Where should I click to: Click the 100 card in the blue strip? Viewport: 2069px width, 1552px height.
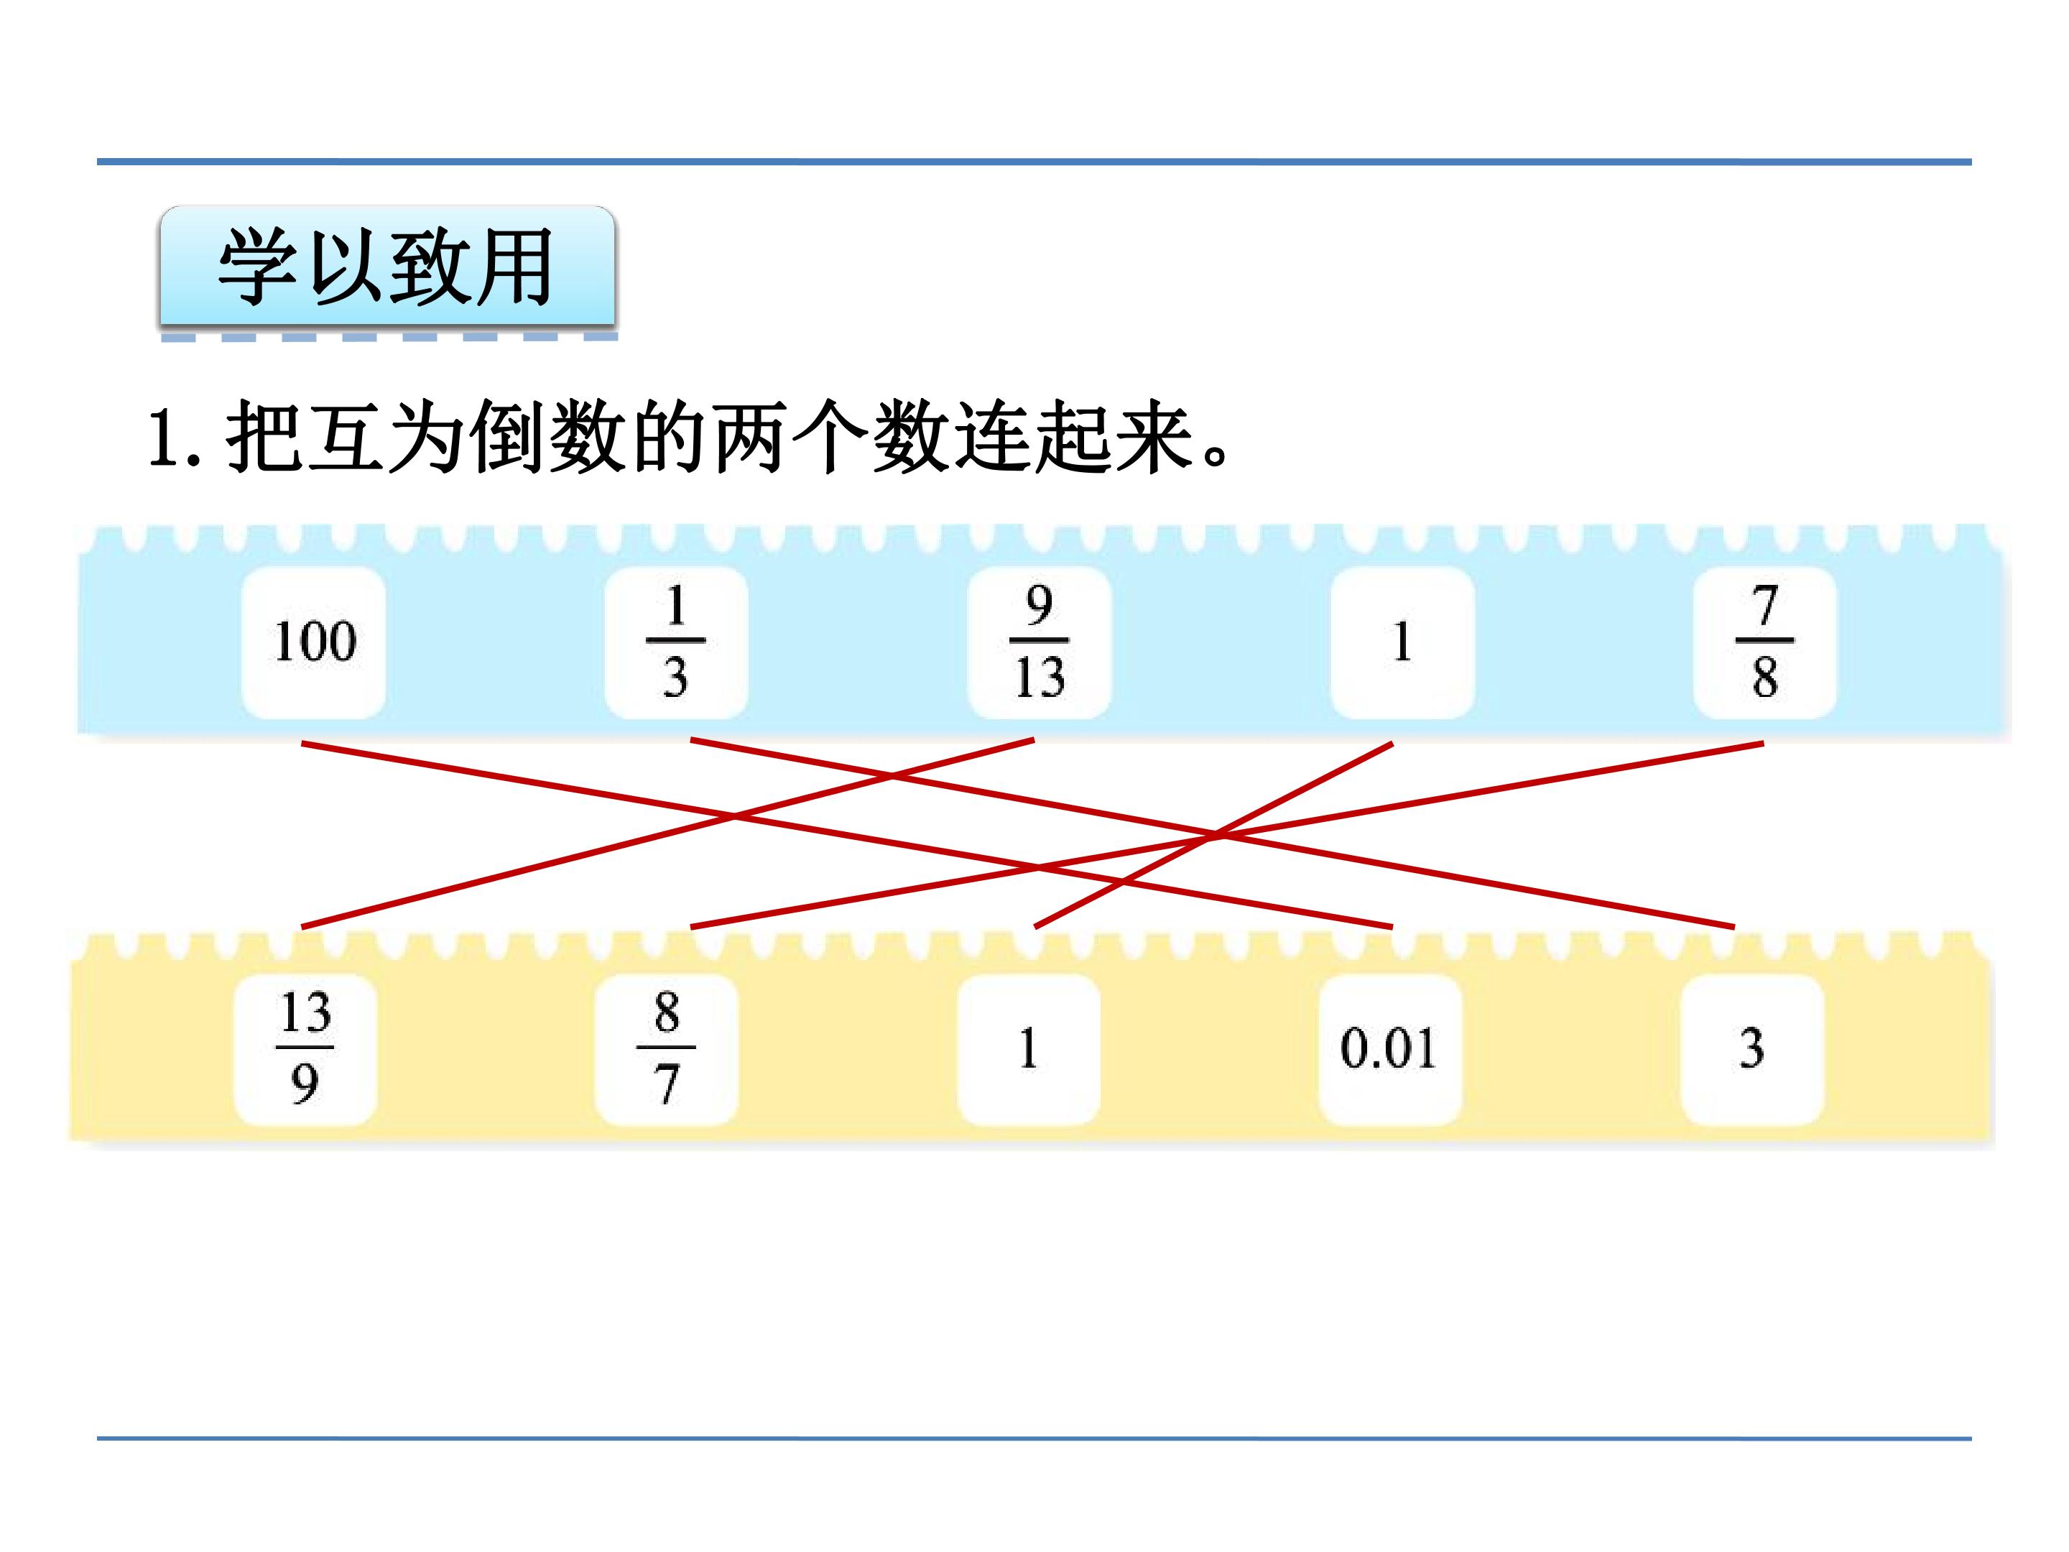(x=313, y=642)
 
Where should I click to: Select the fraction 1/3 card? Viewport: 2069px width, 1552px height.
(x=676, y=642)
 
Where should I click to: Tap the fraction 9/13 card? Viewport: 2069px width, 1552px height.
(x=1040, y=642)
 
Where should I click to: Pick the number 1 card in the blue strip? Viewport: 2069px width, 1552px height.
(x=1402, y=642)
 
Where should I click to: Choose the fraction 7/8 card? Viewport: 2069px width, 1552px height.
(x=1765, y=642)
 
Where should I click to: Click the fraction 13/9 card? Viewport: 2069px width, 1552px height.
(x=305, y=1049)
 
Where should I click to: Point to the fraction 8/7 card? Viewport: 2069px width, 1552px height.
(x=667, y=1049)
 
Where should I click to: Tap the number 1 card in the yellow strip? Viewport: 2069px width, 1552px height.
(x=1029, y=1049)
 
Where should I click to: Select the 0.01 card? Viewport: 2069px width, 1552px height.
(x=1390, y=1049)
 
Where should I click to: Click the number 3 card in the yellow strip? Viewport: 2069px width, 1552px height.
(x=1752, y=1049)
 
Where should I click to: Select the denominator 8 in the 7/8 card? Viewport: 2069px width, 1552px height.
(x=1765, y=678)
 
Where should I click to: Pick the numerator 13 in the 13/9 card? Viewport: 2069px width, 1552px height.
(x=306, y=1012)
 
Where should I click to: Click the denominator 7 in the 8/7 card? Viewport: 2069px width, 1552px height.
(x=667, y=1085)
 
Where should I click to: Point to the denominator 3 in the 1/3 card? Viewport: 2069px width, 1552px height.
(x=676, y=678)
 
